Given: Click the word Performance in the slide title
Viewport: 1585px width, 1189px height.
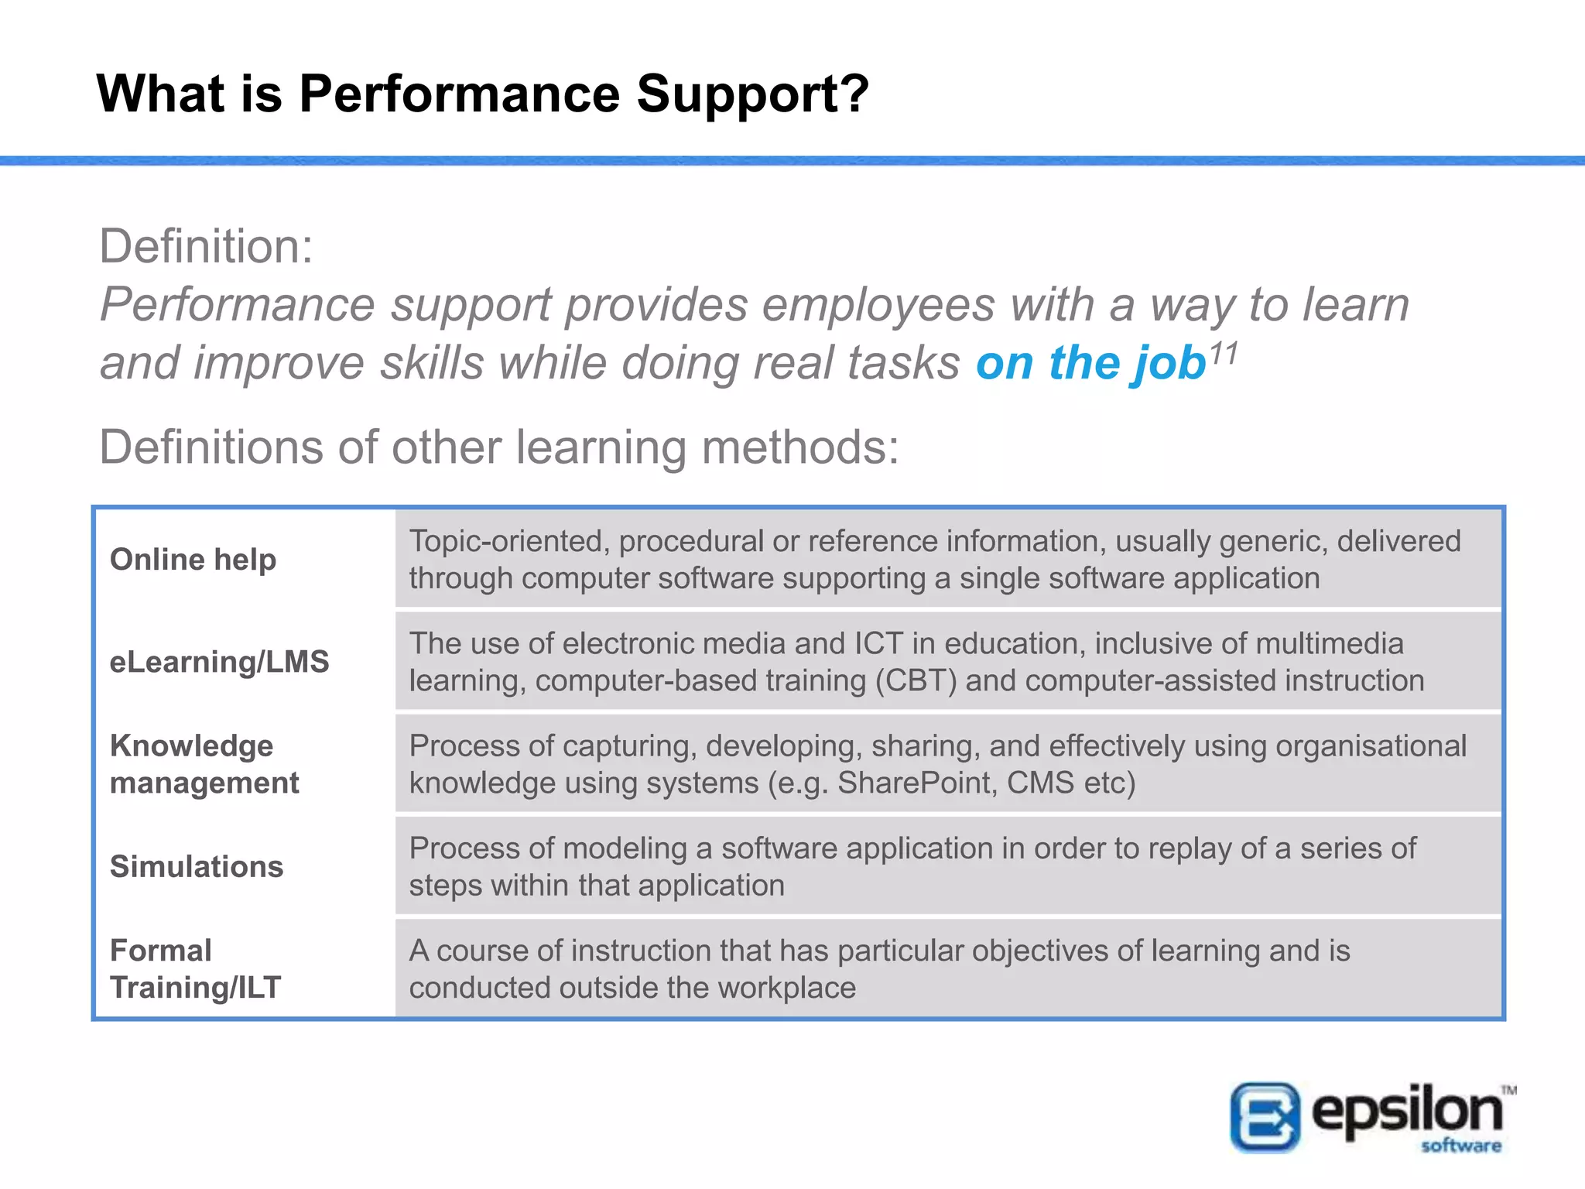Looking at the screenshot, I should [x=459, y=94].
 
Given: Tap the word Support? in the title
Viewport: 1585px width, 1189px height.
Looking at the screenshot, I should [x=752, y=94].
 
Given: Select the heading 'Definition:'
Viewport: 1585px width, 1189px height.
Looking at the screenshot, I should [x=206, y=246].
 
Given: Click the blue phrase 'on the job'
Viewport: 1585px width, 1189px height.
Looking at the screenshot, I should [x=1090, y=363].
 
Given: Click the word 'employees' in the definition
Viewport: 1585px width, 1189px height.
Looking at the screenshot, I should [x=878, y=304].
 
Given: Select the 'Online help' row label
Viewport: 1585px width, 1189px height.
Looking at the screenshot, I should [x=193, y=559].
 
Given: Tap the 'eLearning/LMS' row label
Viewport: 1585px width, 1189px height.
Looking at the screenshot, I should [x=219, y=662].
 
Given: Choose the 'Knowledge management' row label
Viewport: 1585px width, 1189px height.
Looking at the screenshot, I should [x=204, y=764].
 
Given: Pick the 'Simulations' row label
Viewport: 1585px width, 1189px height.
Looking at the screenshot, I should [x=197, y=866].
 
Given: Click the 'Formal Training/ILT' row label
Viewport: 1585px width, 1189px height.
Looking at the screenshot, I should [x=195, y=968].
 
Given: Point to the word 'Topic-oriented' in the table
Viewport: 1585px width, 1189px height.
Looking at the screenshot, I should [x=506, y=541].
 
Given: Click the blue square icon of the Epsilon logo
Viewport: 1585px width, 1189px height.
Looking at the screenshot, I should [x=1265, y=1117].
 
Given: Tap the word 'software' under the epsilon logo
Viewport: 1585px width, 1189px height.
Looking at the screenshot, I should [x=1460, y=1145].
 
